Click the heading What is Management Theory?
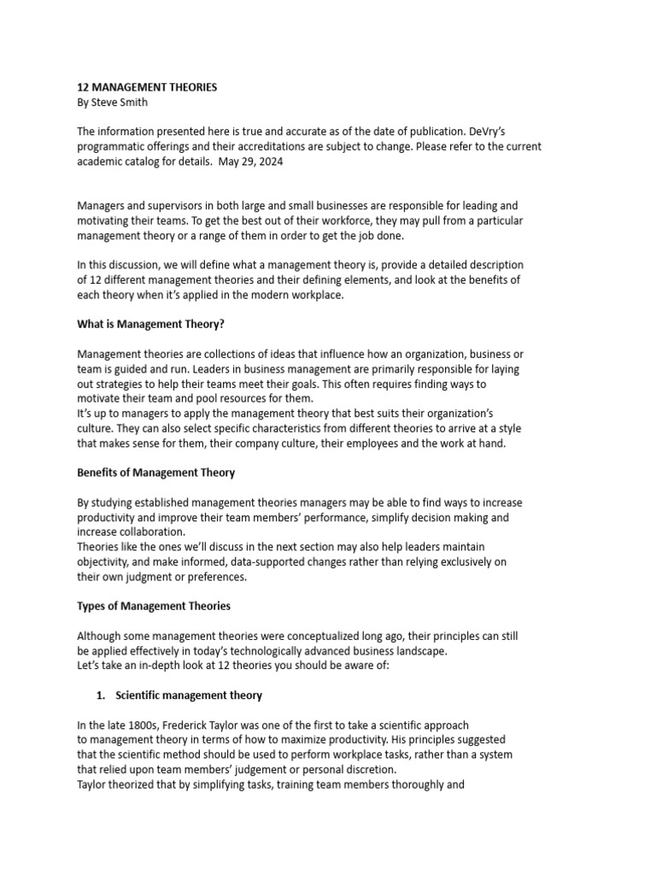pos(151,325)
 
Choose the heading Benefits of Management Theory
pos(156,473)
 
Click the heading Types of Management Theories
pos(154,606)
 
